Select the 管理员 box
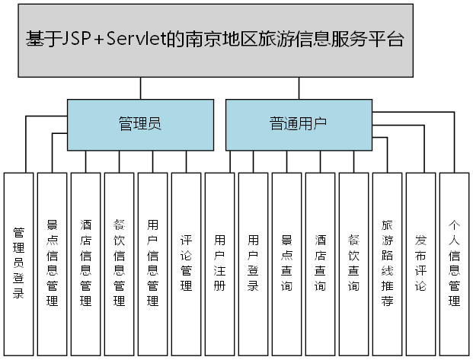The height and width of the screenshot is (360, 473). (x=140, y=124)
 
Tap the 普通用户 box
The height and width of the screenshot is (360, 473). (x=299, y=124)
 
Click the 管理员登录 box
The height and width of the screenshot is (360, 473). (x=18, y=263)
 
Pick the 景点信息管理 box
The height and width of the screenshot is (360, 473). (x=52, y=263)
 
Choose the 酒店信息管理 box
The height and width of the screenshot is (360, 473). (x=85, y=263)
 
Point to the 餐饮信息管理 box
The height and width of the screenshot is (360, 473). (x=119, y=263)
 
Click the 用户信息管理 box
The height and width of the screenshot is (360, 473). (x=152, y=263)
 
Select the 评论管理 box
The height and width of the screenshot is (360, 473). (x=186, y=263)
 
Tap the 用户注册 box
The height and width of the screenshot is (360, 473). (x=219, y=263)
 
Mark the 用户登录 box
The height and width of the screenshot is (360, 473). (x=253, y=263)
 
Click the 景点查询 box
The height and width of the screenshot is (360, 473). (x=286, y=263)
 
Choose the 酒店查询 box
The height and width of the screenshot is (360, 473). (x=320, y=263)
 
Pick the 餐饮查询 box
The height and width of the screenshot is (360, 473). (x=353, y=263)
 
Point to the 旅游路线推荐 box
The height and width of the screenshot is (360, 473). (x=387, y=263)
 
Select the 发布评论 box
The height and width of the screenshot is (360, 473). (x=420, y=263)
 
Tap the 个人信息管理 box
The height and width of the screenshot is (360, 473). (x=454, y=263)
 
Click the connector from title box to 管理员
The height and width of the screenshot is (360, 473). (x=140, y=88)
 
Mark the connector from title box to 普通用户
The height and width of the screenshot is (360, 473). (x=299, y=88)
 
